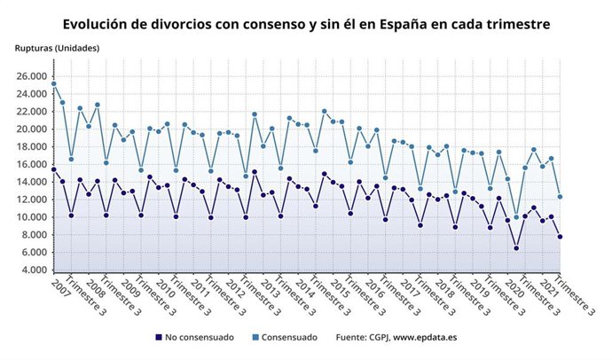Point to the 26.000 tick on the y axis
click(31, 76)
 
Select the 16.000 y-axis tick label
click(31, 165)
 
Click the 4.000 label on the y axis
click(34, 270)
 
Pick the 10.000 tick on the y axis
click(31, 217)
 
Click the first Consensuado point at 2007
click(54, 84)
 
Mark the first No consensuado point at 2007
click(54, 169)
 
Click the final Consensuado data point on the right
click(560, 197)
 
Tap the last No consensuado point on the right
click(560, 237)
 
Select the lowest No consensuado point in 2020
click(516, 248)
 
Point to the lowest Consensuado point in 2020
click(516, 217)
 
